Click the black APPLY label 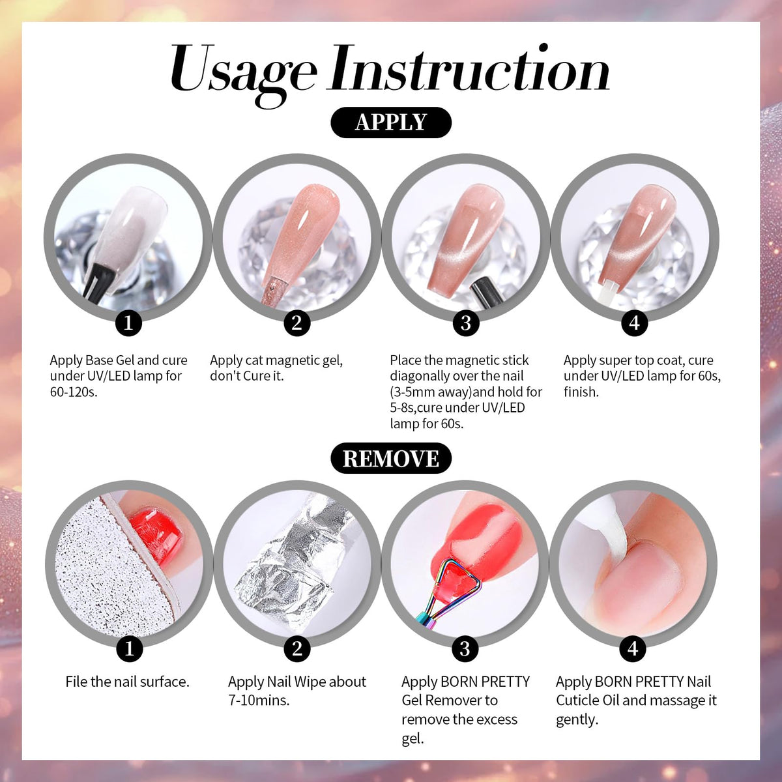click(x=391, y=122)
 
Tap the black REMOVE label click(x=391, y=458)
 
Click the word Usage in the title click(x=242, y=73)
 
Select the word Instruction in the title click(x=469, y=68)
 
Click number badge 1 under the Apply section click(x=128, y=323)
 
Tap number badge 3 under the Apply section click(x=466, y=323)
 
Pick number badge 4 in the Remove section click(x=633, y=648)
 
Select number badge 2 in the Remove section click(x=297, y=648)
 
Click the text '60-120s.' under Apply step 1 click(x=74, y=392)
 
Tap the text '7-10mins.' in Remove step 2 click(x=259, y=701)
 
